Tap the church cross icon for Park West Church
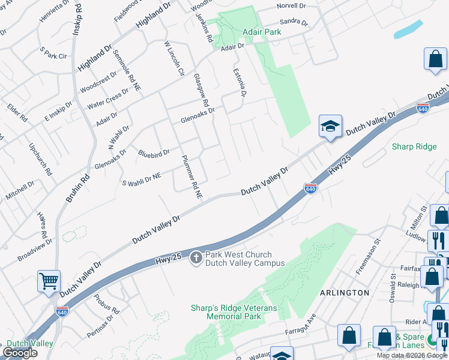[x=196, y=259]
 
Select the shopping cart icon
[x=49, y=280]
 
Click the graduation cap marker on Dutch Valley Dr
[x=330, y=126]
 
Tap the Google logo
[x=20, y=353]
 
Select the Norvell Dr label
[x=291, y=7]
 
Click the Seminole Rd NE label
[x=127, y=70]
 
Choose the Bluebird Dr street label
[x=154, y=154]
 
